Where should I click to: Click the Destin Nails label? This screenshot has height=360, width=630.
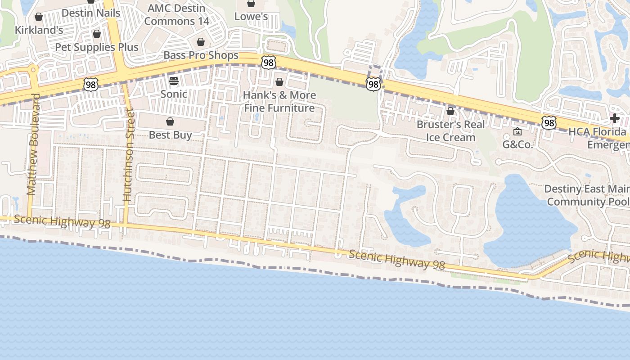pos(91,13)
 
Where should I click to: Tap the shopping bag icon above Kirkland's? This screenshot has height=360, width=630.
pos(39,17)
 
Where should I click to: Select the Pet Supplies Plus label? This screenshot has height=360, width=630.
pos(97,47)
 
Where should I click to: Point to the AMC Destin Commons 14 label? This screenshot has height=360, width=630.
pos(177,14)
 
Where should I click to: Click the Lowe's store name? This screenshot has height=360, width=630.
pos(251,17)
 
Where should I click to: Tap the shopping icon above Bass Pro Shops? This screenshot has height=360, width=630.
pos(201,42)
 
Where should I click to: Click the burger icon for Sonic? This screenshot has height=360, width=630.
pos(174,81)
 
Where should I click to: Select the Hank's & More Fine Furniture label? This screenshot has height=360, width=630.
pos(279,102)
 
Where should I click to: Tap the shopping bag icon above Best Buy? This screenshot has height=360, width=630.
pos(170,121)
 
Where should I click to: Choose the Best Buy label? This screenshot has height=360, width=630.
pos(170,135)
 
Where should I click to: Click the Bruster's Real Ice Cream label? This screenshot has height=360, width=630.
pos(451,130)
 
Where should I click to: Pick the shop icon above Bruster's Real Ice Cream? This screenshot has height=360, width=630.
pos(450,111)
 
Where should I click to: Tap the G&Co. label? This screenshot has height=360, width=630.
pos(517,145)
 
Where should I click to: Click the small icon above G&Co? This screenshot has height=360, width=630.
pos(517,132)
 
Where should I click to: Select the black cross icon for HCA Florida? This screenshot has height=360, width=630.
pos(614,118)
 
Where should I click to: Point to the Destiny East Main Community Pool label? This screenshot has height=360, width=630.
pos(588,195)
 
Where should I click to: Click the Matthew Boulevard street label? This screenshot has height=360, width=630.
pos(31,144)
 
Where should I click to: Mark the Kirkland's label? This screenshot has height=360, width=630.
pos(39,30)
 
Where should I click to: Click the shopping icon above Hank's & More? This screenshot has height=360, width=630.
pos(279,82)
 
